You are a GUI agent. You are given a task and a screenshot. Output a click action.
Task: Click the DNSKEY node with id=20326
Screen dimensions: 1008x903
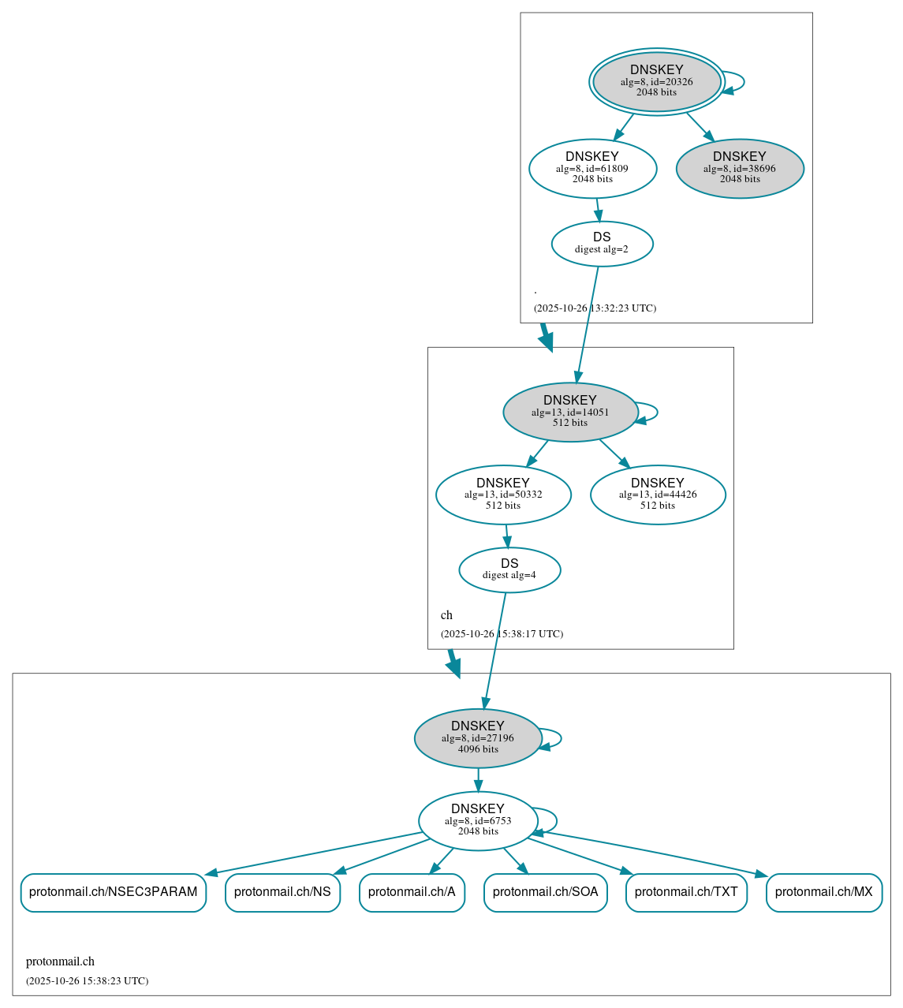tap(656, 81)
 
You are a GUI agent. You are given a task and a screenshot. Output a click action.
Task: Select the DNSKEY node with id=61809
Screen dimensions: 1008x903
tap(592, 168)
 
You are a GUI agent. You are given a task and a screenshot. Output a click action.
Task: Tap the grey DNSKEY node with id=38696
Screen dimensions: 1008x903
tap(739, 168)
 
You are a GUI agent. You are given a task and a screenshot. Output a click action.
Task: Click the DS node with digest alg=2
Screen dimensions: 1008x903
tap(602, 244)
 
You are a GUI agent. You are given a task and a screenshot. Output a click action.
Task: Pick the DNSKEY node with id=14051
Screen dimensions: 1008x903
tap(569, 412)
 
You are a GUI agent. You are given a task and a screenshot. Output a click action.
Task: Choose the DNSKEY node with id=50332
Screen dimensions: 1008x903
tap(502, 495)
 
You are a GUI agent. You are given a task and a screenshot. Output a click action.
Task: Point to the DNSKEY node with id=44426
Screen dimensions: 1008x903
tap(657, 495)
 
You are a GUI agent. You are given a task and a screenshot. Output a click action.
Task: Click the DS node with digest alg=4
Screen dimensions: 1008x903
tap(509, 569)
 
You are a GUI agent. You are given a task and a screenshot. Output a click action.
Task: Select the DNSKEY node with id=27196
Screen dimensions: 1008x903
tap(477, 738)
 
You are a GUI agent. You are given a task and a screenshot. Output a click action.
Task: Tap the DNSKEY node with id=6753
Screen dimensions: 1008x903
tap(477, 820)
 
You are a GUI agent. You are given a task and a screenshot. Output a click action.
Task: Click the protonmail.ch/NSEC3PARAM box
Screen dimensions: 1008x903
tap(113, 892)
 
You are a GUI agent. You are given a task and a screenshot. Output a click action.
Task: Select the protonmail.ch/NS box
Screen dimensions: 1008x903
tap(282, 892)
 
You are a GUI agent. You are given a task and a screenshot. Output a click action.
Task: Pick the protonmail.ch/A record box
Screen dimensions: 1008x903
tap(412, 892)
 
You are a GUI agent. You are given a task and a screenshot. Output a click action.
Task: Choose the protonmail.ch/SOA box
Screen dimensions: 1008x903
tap(545, 892)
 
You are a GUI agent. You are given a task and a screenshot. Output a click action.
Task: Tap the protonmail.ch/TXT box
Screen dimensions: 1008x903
tap(686, 892)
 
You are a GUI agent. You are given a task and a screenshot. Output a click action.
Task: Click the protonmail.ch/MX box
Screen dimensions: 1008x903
tap(823, 892)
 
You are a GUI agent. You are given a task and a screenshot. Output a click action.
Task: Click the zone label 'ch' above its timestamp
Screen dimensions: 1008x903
tap(446, 615)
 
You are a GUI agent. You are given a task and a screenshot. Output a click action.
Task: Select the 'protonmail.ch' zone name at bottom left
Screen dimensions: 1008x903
tap(60, 961)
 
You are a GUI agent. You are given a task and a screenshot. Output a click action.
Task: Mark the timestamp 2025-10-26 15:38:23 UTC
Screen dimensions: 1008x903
tap(87, 981)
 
